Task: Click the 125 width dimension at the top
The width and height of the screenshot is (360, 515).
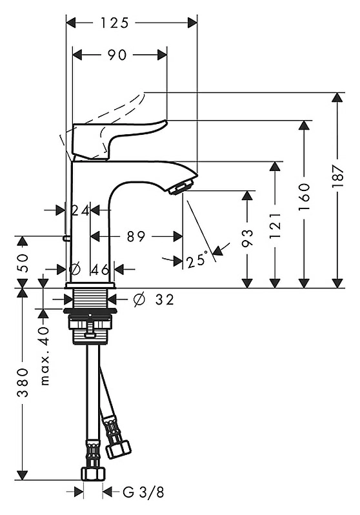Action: pyautogui.click(x=114, y=23)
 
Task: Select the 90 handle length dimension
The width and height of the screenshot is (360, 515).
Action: pyautogui.click(x=117, y=55)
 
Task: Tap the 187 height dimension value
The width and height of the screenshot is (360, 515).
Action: pyautogui.click(x=337, y=176)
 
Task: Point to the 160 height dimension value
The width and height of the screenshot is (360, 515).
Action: pyautogui.click(x=305, y=197)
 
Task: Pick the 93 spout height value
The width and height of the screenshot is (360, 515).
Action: pyautogui.click(x=247, y=237)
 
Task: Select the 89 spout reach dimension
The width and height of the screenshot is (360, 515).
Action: pyautogui.click(x=136, y=236)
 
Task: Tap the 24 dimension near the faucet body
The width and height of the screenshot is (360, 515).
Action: pyautogui.click(x=81, y=210)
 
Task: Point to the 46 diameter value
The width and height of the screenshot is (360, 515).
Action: pyautogui.click(x=100, y=270)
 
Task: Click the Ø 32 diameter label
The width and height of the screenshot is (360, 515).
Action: pyautogui.click(x=154, y=299)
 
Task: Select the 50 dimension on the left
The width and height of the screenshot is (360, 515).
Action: pyautogui.click(x=23, y=263)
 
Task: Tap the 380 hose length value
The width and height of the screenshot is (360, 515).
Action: pyautogui.click(x=23, y=382)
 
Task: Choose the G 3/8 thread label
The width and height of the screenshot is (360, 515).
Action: pyautogui.click(x=143, y=492)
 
